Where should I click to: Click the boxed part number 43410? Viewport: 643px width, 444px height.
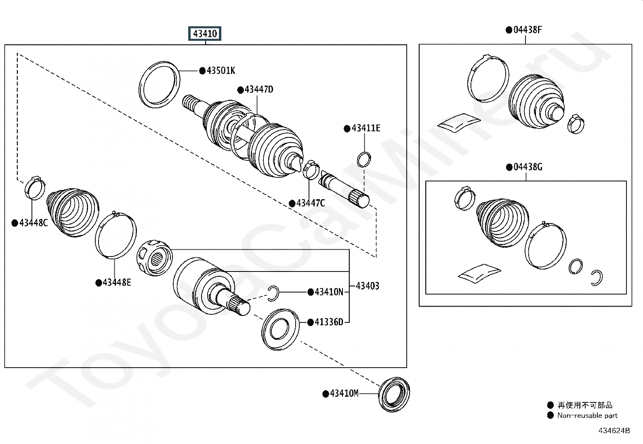(x=205, y=34)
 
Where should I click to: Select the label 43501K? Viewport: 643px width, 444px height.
(x=221, y=71)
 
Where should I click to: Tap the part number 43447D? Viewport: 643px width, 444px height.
(x=259, y=90)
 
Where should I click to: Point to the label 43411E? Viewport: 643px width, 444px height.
(x=366, y=128)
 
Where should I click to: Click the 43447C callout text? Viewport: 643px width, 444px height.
(x=311, y=203)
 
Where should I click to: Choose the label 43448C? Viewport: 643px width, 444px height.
(x=33, y=223)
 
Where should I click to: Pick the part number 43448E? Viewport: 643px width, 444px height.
(x=117, y=282)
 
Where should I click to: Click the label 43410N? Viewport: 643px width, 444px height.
(x=329, y=292)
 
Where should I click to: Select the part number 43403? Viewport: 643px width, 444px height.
(x=368, y=286)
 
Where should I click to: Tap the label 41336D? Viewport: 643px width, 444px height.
(x=329, y=322)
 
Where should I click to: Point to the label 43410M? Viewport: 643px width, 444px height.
(x=344, y=393)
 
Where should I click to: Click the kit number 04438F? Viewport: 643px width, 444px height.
(x=527, y=29)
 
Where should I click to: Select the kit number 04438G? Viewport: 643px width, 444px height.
(x=528, y=167)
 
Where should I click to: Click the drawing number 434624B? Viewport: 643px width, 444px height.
(x=614, y=431)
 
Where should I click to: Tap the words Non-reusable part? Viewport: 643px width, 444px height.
(x=587, y=416)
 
